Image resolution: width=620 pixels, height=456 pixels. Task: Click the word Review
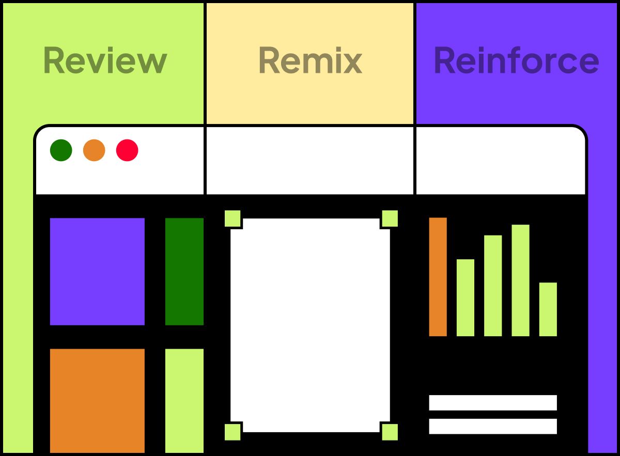[x=105, y=60]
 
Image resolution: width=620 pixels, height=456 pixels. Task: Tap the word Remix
[x=310, y=60]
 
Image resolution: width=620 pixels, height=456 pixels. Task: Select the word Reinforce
[x=516, y=60]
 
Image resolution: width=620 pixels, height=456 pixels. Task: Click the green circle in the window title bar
[x=61, y=150]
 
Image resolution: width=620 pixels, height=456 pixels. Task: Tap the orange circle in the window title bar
[x=94, y=150]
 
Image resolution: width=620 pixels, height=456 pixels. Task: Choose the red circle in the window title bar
[x=127, y=150]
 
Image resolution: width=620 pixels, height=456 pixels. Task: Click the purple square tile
[x=97, y=272]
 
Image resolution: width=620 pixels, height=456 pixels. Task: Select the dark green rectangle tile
[x=184, y=272]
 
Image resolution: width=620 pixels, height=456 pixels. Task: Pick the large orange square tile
[x=97, y=400]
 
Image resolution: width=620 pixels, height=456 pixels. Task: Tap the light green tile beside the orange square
[x=184, y=400]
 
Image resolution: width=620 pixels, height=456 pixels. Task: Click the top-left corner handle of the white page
[x=233, y=218]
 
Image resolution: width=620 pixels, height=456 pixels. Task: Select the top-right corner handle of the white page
[x=390, y=218]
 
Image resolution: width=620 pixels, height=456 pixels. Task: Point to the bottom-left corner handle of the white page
[x=233, y=432]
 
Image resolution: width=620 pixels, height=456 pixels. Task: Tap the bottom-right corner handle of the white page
[x=390, y=432]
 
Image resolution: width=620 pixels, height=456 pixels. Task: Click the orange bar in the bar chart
[x=438, y=277]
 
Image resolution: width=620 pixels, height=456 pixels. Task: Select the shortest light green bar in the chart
[x=548, y=309]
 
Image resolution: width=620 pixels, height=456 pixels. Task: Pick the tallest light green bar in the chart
[x=520, y=280]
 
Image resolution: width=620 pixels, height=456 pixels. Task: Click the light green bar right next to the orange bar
[x=465, y=297]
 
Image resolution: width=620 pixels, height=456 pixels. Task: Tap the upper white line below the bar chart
[x=493, y=403]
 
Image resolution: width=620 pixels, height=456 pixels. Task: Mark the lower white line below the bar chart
[x=493, y=427]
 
